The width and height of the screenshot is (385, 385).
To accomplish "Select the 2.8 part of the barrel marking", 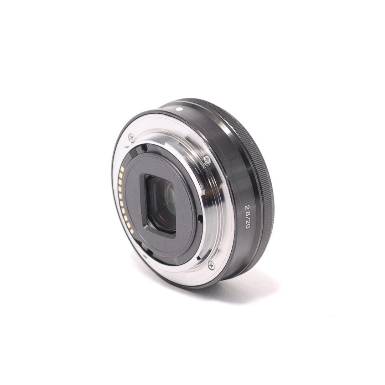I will pos(247,206).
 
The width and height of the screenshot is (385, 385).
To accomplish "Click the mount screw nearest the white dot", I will pos(132,137).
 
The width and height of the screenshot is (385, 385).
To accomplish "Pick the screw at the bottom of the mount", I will pos(211,265).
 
